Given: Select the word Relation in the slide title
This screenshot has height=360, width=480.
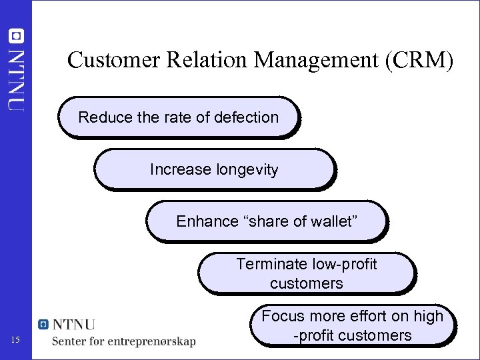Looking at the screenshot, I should click(x=195, y=61).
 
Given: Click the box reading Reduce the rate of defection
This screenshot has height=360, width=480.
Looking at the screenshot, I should click(x=178, y=117).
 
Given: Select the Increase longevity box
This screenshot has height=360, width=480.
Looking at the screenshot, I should click(x=213, y=169).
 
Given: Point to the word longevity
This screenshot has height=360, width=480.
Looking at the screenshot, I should click(x=247, y=169).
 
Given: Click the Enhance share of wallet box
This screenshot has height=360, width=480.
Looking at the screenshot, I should click(x=266, y=221).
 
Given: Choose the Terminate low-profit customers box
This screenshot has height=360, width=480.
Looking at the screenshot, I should click(x=306, y=273).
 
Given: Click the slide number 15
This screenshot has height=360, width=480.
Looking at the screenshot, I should click(x=17, y=341).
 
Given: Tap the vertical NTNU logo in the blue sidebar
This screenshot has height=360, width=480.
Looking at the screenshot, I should click(x=16, y=70).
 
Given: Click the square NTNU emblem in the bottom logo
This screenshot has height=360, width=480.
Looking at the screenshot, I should click(x=44, y=325).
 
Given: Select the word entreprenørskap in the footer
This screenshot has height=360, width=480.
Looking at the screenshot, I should click(x=157, y=341).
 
